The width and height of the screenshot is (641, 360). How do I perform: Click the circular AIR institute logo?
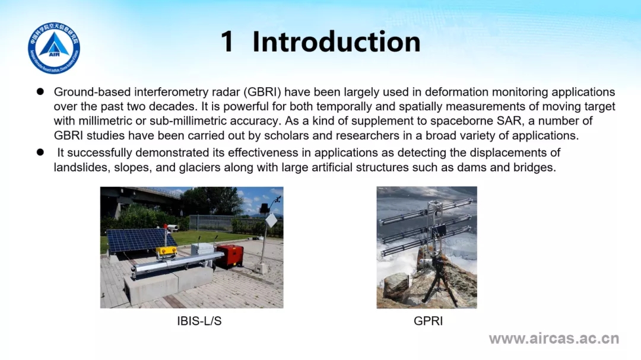[x=54, y=48]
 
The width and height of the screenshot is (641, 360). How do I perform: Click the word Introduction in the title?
[x=337, y=42]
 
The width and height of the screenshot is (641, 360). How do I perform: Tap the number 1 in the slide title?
[x=227, y=42]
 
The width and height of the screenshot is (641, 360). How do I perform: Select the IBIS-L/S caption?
[x=199, y=321]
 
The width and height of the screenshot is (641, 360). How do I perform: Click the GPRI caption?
[x=428, y=321]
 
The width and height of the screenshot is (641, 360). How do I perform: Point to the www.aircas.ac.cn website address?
[x=554, y=339]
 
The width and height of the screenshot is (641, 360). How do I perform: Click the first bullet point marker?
[x=40, y=91]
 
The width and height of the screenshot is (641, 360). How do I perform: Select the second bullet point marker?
[x=40, y=152]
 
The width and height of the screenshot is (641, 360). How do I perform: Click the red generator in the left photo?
[x=230, y=256]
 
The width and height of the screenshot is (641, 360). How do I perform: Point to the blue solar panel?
[x=139, y=240]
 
